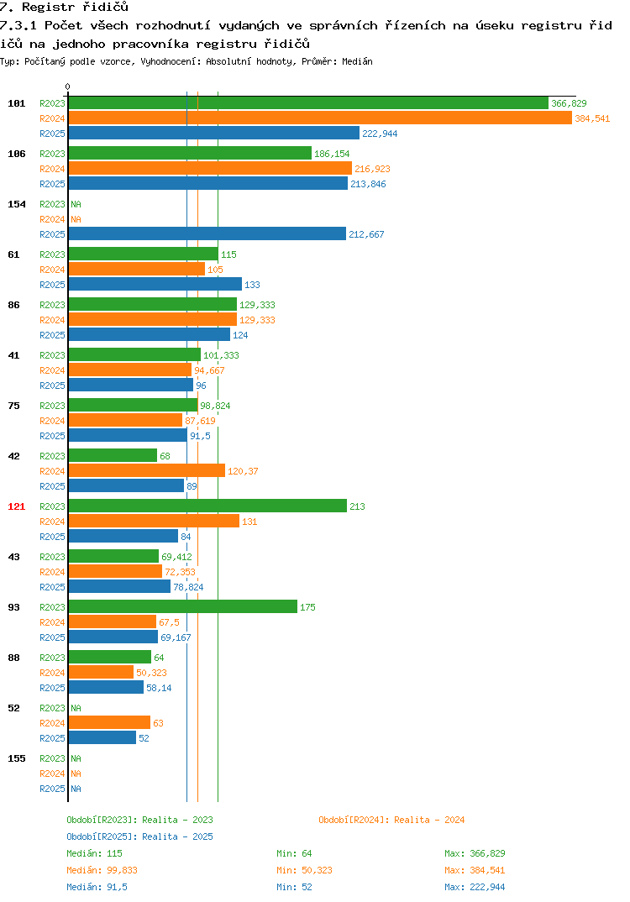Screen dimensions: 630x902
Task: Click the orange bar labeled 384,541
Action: pos(320,118)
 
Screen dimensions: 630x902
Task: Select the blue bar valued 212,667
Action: pos(207,233)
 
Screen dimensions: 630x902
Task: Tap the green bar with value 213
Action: pos(207,506)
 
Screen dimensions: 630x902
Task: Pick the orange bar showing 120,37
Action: pos(147,470)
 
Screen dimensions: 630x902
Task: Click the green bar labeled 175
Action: pos(183,606)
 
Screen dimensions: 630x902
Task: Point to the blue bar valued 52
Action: pos(102,737)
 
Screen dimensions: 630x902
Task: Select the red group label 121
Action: pos(17,506)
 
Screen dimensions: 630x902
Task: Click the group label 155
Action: pos(17,758)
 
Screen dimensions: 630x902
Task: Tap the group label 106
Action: pos(17,154)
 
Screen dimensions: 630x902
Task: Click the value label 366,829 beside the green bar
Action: pos(569,103)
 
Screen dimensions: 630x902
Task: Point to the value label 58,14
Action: pos(159,688)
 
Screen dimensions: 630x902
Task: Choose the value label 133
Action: pos(252,285)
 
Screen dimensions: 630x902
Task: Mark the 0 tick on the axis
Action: pos(67,87)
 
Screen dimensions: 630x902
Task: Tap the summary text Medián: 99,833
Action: pos(102,870)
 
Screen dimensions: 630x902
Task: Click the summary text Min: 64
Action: pos(294,853)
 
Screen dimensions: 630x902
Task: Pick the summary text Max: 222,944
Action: pos(475,887)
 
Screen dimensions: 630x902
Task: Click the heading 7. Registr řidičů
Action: pos(64,8)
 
